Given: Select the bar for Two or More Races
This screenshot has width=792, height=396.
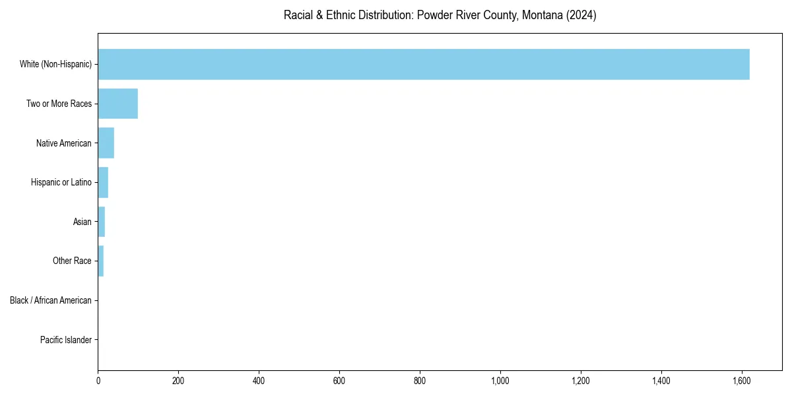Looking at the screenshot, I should pos(118,104).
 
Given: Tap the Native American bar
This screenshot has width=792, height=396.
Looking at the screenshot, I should pos(106,143).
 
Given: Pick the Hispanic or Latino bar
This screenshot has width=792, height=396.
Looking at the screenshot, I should pos(103,182).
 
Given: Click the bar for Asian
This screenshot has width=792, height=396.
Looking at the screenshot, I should pos(102,222).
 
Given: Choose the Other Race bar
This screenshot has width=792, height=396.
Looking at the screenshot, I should pos(101,261).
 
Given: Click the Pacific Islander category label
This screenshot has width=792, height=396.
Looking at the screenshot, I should pos(65,340).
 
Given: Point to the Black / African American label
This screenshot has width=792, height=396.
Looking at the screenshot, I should pos(51,300).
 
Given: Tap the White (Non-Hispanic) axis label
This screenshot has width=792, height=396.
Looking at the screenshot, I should pos(55,64).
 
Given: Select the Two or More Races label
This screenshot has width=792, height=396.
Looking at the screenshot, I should pos(59,104).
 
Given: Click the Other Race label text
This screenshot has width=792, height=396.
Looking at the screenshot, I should pos(72,261).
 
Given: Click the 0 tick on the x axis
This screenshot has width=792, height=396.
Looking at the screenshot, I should pos(98,381).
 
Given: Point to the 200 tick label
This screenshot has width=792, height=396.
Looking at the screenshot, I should pos(178,381).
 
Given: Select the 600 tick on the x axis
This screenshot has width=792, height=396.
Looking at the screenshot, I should pos(339,381).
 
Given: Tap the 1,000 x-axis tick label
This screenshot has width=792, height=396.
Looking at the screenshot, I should pos(500,381).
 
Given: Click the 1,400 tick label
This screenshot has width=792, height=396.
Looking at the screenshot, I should pos(661,381).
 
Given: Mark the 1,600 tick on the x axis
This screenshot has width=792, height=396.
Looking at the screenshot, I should pos(741,381).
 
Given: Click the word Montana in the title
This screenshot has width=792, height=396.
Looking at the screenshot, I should pos(543,15).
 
